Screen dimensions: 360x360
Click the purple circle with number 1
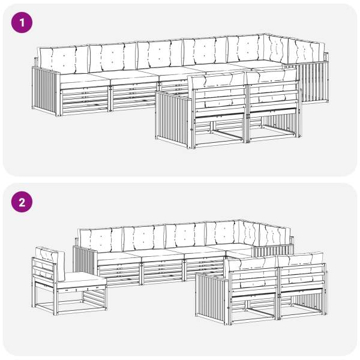tap(22, 23)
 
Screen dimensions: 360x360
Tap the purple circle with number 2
tap(22, 202)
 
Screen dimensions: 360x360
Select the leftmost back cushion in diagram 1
tap(64, 59)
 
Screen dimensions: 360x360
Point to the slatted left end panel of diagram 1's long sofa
tap(46, 91)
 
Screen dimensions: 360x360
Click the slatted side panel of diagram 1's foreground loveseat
tap(173, 119)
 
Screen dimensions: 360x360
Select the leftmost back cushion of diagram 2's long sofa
tap(101, 241)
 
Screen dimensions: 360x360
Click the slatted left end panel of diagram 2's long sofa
tap(85, 260)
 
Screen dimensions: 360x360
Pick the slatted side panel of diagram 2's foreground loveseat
tap(212, 298)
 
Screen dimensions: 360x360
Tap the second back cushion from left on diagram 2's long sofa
tap(144, 238)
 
